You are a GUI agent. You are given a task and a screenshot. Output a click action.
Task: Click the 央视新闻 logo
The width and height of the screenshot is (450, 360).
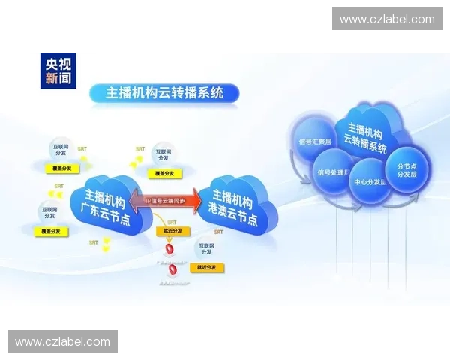pyautogui.click(x=58, y=69)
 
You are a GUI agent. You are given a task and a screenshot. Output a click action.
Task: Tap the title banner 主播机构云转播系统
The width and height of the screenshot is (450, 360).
pyautogui.click(x=164, y=93)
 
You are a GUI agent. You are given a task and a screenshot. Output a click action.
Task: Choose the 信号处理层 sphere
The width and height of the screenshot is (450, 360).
pyautogui.click(x=332, y=173)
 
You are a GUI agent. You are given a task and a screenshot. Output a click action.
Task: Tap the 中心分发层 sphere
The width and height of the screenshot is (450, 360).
pyautogui.click(x=370, y=181)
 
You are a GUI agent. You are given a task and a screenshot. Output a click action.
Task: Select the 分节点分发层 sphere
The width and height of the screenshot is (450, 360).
pyautogui.click(x=408, y=170)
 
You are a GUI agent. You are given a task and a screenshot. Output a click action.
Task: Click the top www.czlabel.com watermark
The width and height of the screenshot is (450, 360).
pyautogui.click(x=387, y=19)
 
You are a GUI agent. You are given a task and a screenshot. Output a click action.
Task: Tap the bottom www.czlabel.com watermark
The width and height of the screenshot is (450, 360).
pyautogui.click(x=63, y=342)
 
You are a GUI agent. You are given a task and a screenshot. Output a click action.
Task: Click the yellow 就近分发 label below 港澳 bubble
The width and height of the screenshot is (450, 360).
pyautogui.click(x=206, y=267)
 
